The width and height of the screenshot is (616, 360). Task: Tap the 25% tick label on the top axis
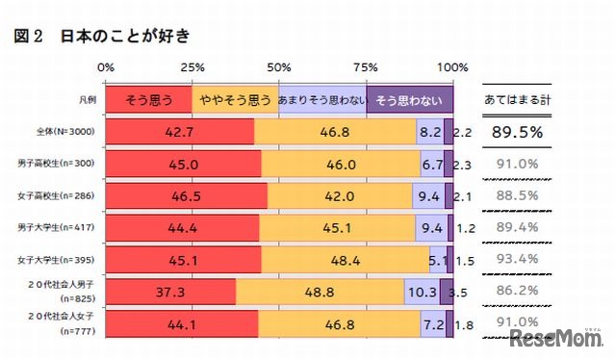point(192,67)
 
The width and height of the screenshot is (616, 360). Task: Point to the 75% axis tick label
point(366,67)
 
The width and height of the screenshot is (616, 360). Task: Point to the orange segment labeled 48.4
point(345,259)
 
